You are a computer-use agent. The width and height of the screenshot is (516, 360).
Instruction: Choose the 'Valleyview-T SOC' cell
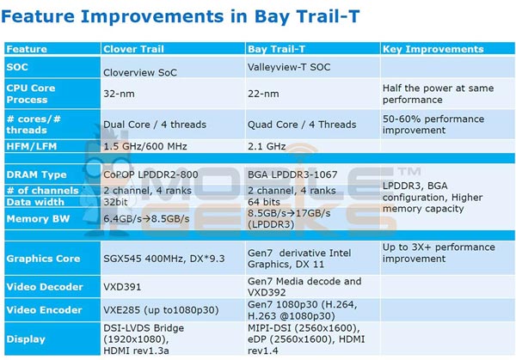[x=292, y=67]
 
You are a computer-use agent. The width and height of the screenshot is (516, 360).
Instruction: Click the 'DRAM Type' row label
[x=36, y=174]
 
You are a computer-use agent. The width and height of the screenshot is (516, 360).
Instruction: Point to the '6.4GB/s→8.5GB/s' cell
[x=145, y=218]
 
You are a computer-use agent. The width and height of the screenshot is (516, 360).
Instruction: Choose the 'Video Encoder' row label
[x=44, y=309]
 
